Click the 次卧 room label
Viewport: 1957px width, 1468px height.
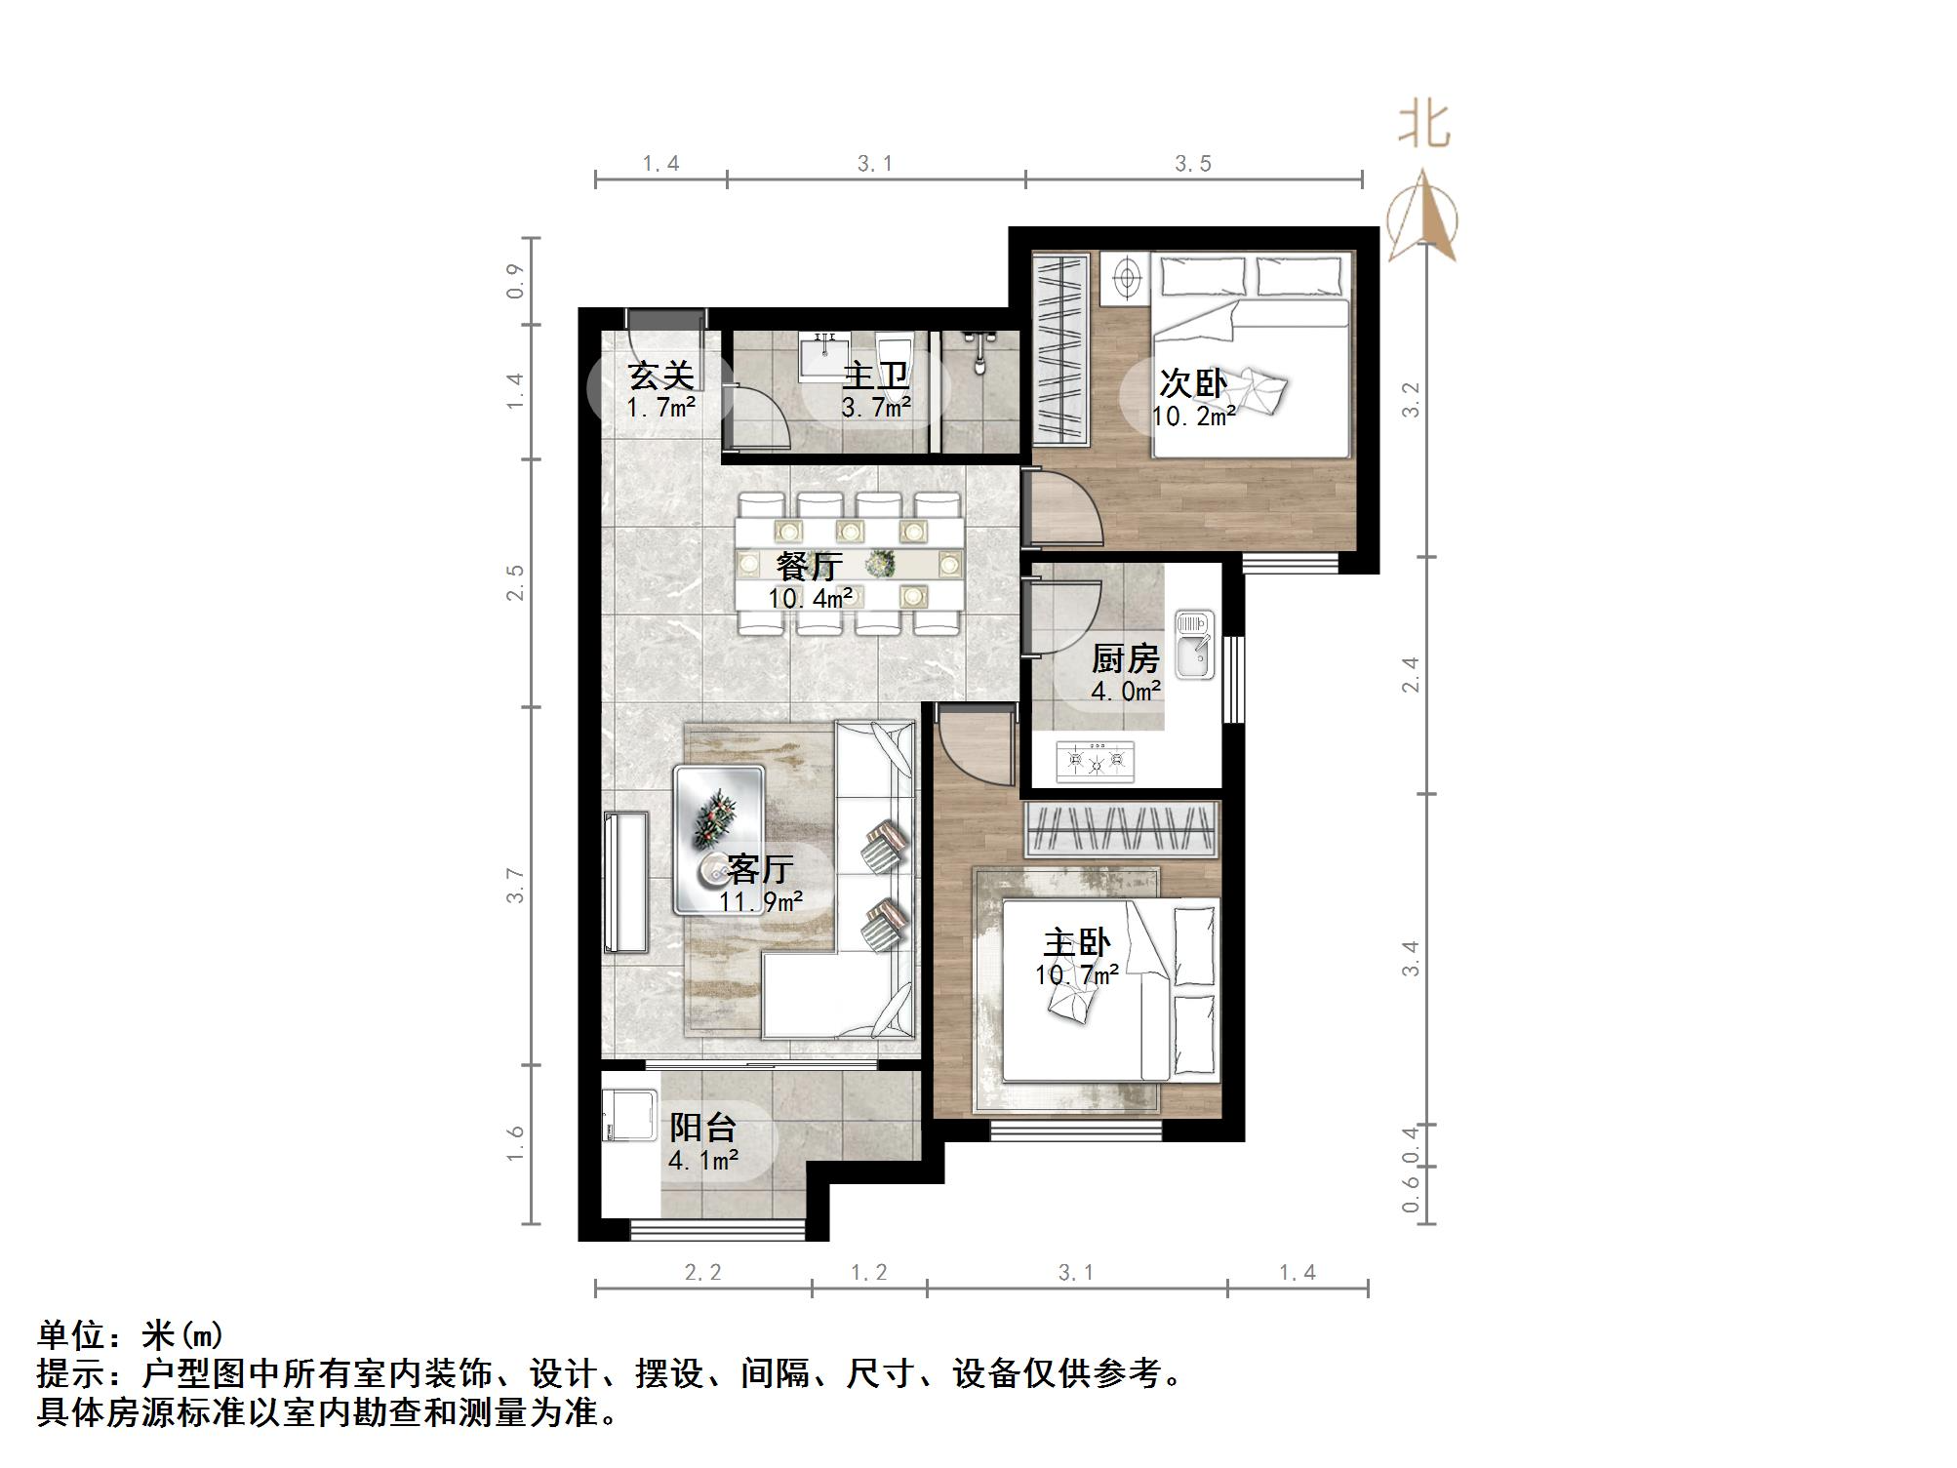click(1192, 382)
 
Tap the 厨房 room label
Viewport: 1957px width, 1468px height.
click(1125, 659)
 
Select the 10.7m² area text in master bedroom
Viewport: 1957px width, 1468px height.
click(1076, 974)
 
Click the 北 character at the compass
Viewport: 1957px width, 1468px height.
click(1424, 127)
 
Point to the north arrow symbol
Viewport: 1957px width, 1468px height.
click(1422, 219)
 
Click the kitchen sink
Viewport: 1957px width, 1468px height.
click(1194, 644)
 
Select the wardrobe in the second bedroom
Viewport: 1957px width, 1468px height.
click(1060, 348)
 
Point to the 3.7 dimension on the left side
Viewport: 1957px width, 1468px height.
click(515, 886)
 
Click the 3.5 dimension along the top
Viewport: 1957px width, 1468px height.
click(1192, 164)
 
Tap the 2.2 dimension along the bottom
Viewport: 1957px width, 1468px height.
click(702, 1272)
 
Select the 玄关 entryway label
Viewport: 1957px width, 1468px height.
click(660, 376)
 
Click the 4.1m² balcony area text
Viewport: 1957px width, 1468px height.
click(702, 1161)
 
